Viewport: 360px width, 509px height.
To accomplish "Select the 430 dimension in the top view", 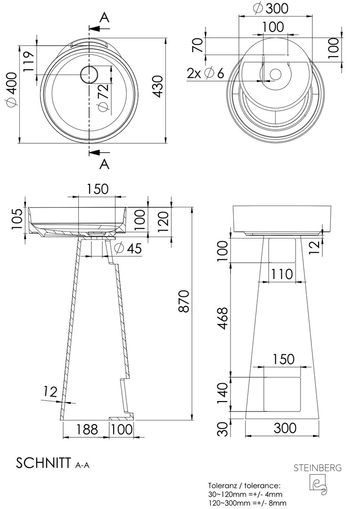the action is click(x=158, y=87).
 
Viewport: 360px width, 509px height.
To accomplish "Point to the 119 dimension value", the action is click(x=29, y=62).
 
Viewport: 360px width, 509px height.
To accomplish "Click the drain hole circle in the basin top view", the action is click(x=88, y=74).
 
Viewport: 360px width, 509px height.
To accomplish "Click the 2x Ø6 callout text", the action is click(x=205, y=74).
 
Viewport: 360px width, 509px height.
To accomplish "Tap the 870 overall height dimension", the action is click(x=184, y=301).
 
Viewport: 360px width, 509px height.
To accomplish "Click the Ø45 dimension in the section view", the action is click(x=128, y=248).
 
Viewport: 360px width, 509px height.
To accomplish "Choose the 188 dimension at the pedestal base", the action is click(x=87, y=429).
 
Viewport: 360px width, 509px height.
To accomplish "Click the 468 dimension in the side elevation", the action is click(x=222, y=318).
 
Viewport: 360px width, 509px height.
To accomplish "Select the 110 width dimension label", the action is click(x=282, y=274).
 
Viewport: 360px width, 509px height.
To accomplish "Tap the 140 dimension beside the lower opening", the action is click(x=222, y=393).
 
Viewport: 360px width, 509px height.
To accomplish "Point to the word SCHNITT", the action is click(x=43, y=463).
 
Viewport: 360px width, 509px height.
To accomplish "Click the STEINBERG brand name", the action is click(x=318, y=468).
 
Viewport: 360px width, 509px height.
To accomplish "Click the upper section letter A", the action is click(x=104, y=17).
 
